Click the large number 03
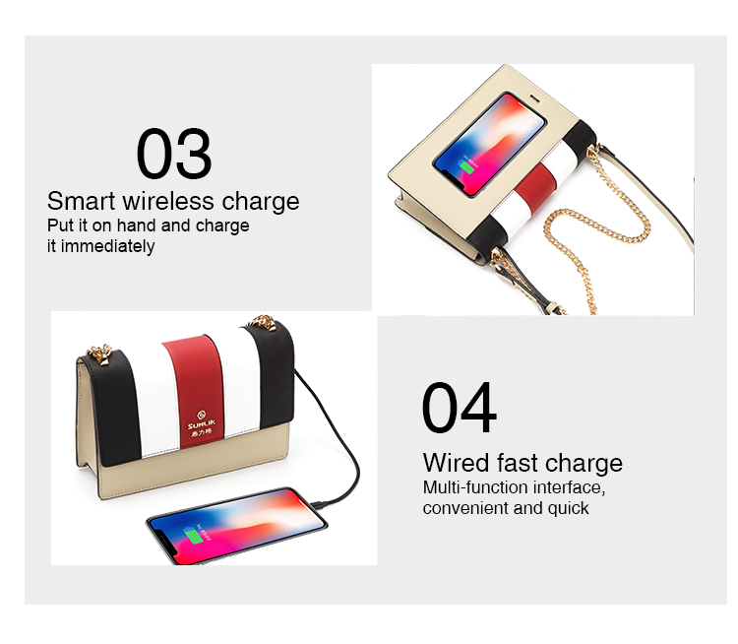173,154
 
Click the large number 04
459,408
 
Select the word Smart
81,201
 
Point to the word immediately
108,246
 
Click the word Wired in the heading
457,463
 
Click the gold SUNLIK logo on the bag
202,422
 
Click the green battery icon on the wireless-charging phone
466,166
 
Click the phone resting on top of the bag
490,144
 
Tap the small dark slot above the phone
535,98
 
